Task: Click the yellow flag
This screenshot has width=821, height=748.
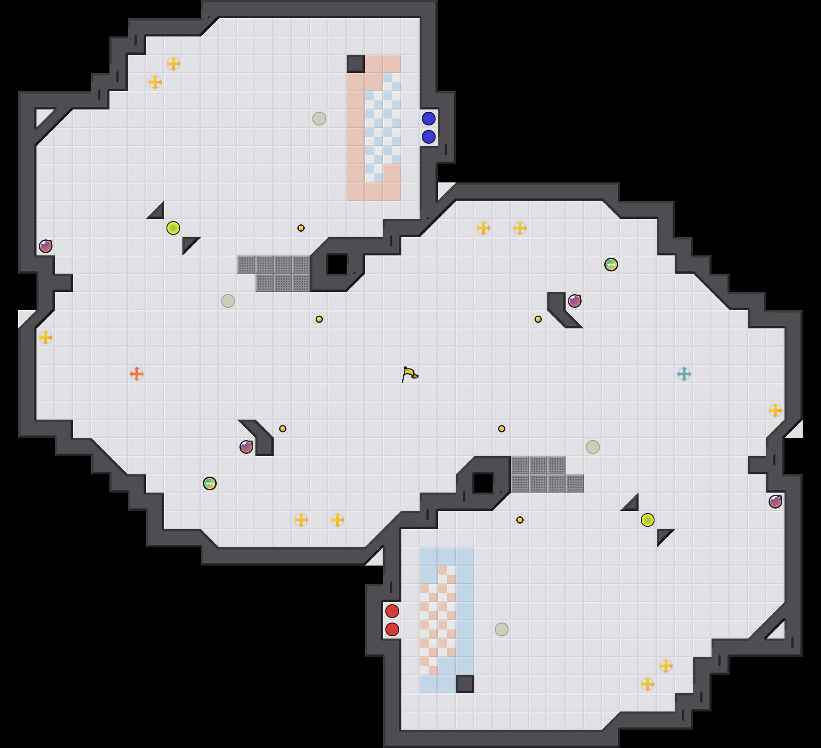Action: click(410, 374)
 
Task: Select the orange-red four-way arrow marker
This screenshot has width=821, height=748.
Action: click(137, 374)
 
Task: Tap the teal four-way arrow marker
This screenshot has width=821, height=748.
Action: click(684, 374)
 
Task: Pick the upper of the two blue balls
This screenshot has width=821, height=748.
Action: click(429, 119)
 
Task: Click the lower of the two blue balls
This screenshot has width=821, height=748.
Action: click(429, 137)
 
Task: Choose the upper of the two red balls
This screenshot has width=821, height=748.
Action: click(392, 611)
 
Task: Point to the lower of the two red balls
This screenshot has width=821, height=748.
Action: click(392, 629)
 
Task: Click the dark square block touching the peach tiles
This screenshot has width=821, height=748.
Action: click(356, 64)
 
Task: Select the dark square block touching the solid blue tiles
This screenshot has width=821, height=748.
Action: click(465, 684)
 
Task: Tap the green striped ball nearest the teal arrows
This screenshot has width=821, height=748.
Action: click(611, 265)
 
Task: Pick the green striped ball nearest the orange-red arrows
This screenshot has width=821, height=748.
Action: click(210, 483)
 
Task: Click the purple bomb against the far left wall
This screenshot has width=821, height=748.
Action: click(46, 246)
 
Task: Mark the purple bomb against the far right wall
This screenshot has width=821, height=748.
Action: click(775, 502)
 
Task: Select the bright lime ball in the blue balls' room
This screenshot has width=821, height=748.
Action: click(173, 228)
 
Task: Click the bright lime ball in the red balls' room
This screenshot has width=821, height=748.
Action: click(648, 520)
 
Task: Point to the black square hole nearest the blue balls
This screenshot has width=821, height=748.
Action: click(338, 265)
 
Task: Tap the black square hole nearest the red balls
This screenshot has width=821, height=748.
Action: click(483, 483)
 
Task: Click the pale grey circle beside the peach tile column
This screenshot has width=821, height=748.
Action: click(319, 119)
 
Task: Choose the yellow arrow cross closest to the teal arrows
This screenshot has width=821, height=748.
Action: click(775, 410)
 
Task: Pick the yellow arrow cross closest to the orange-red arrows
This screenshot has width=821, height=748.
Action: click(46, 338)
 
